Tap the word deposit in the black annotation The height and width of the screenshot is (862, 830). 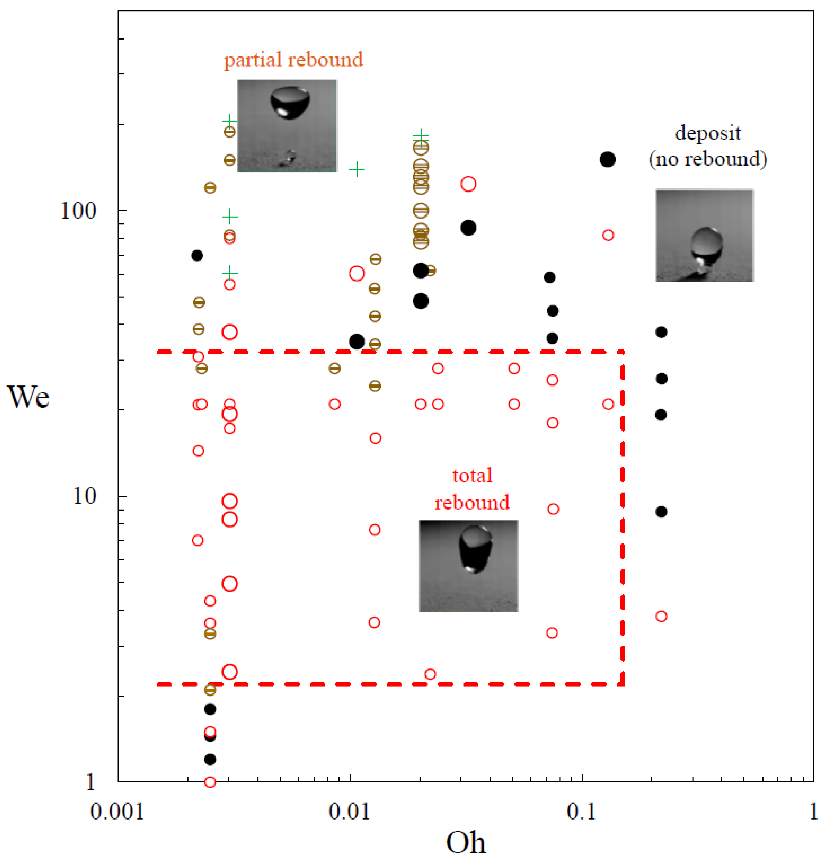708,133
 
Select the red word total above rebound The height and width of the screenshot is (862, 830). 472,475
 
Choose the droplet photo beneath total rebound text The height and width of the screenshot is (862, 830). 468,565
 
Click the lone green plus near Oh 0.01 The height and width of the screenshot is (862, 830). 357,169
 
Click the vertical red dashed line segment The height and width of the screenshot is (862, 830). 622,519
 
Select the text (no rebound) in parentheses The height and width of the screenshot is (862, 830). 708,159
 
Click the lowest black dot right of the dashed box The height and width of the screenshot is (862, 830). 661,511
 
